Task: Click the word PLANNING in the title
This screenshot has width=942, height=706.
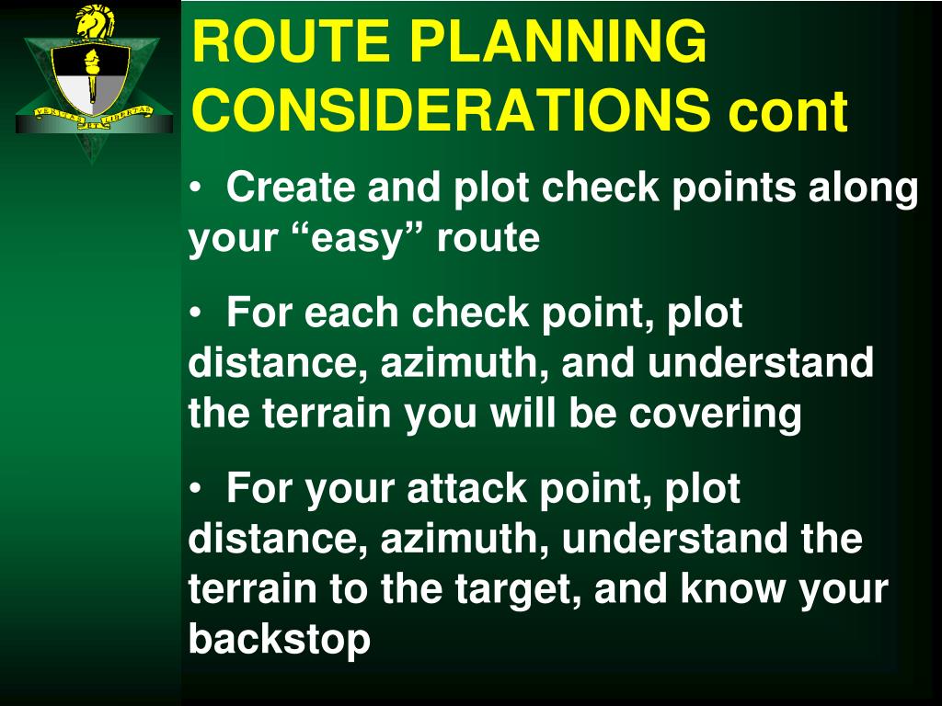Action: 558,41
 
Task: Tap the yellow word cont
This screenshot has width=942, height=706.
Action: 787,111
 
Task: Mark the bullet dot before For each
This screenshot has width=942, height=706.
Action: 195,314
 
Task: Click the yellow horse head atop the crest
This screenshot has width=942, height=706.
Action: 94,22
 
